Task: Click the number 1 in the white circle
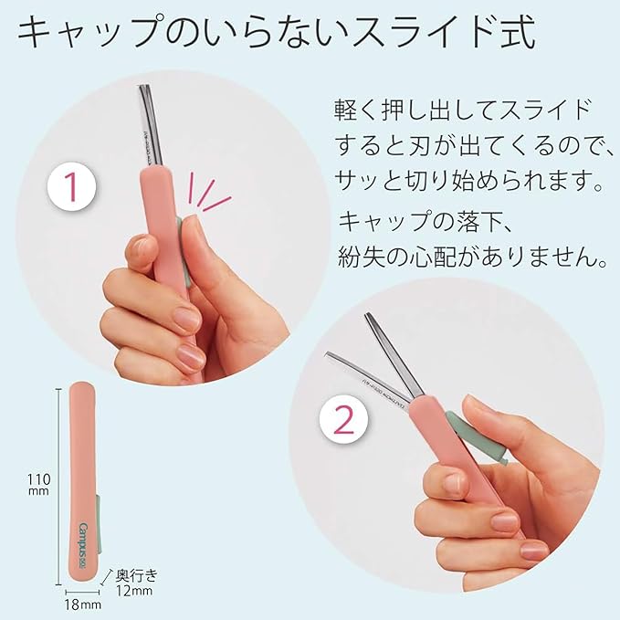[72, 189]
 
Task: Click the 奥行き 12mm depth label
[137, 581]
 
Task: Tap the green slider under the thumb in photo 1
[183, 251]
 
